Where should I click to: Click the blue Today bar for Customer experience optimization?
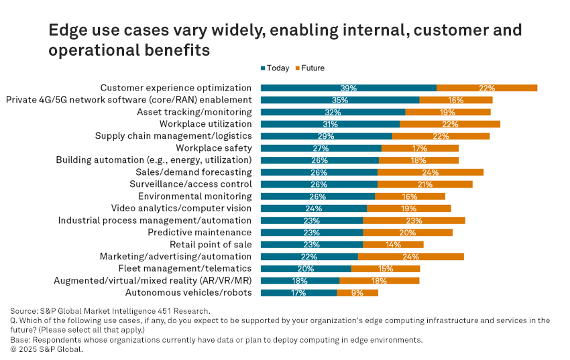tap(349, 88)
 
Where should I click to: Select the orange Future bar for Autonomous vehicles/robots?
tap(357, 293)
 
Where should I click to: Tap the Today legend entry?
tap(275, 68)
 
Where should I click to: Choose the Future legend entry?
tap(310, 68)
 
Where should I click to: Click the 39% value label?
tap(348, 88)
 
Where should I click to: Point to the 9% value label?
tap(357, 293)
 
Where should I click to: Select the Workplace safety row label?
tap(214, 148)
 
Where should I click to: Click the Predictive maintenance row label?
tap(200, 233)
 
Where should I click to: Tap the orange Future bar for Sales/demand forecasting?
tap(431, 172)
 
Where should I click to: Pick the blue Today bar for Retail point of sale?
tap(312, 245)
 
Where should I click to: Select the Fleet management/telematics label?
tap(185, 268)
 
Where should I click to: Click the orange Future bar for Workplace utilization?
tap(450, 124)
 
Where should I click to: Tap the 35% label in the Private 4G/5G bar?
tap(340, 100)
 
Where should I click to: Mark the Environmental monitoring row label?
tap(195, 196)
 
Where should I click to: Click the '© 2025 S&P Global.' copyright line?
tap(46, 349)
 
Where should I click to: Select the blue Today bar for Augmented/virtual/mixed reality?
tap(300, 281)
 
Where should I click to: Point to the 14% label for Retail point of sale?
tap(394, 245)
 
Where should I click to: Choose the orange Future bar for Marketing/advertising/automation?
tap(411, 257)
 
